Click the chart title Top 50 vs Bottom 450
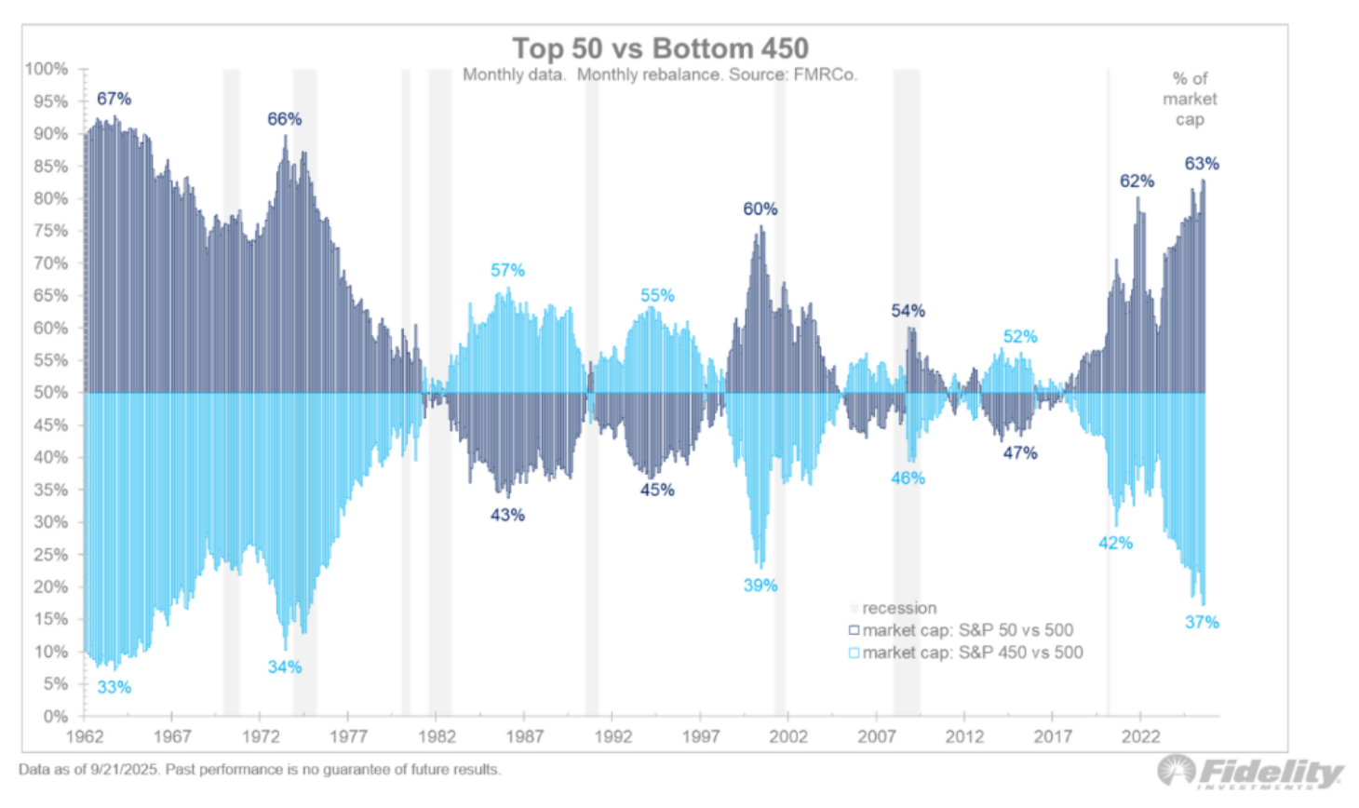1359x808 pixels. pos(660,48)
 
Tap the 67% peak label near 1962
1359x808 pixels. pos(114,99)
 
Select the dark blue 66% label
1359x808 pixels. pos(284,119)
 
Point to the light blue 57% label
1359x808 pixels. pos(507,270)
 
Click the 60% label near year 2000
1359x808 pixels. pos(760,209)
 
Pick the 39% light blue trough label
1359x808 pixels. pos(760,586)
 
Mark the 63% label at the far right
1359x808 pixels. pos(1201,164)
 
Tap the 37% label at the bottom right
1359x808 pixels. pos(1201,623)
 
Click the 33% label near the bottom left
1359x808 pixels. pos(114,688)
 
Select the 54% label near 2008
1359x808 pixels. pos(908,311)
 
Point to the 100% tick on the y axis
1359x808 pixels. pos(47,69)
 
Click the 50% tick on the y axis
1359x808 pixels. pos(50,393)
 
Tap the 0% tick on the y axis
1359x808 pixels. pos(55,716)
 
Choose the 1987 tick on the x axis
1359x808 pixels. pos(524,736)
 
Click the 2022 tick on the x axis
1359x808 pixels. pos(1140,736)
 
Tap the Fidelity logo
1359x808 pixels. pos(1251,773)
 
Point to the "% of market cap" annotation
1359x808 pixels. pos(1190,99)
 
